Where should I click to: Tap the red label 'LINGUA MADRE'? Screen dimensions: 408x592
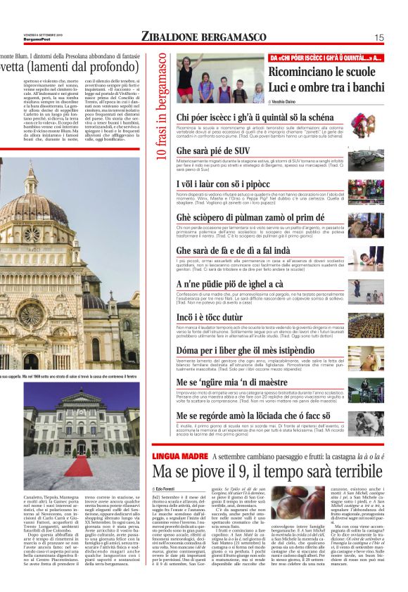pos(180,456)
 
